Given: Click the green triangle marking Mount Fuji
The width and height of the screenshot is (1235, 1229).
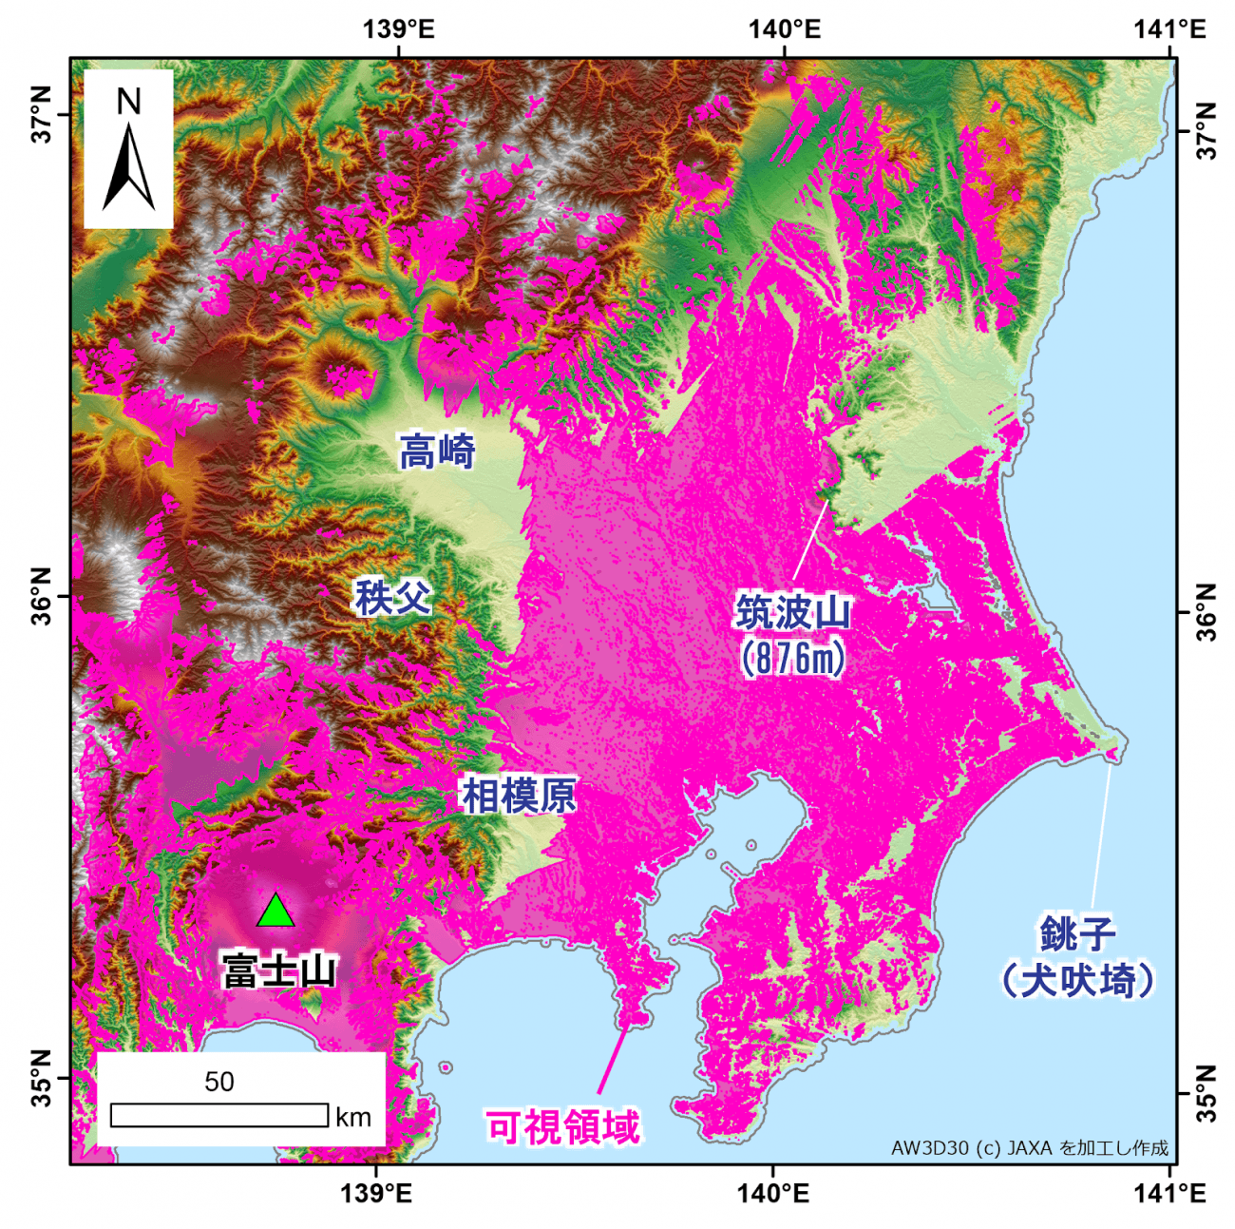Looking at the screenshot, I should coord(275,912).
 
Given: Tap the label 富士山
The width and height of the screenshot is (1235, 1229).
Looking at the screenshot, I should coord(279,971).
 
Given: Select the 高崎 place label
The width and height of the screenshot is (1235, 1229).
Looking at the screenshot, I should coord(436,451).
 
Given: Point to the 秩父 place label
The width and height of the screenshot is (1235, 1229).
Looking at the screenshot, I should coord(392,598).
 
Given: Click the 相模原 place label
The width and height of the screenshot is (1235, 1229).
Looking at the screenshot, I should coord(519,796).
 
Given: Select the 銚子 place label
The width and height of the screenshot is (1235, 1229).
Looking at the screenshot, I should coord(1077,933).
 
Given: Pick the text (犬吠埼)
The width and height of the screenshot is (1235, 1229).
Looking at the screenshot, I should coord(1077,980).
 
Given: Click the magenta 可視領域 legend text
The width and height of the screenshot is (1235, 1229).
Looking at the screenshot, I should coord(563,1127).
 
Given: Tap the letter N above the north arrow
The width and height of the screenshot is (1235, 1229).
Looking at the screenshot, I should coord(128,101).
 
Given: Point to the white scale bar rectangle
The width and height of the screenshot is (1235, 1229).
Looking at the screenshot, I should coord(219,1115).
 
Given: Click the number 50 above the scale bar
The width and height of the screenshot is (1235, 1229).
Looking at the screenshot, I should coord(218,1082).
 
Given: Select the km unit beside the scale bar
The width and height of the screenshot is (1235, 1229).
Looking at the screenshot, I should coord(353,1117).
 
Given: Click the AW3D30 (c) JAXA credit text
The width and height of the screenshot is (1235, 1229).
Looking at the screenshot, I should coord(1029,1148).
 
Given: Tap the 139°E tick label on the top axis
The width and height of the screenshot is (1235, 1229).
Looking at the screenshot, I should coord(398,29).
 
